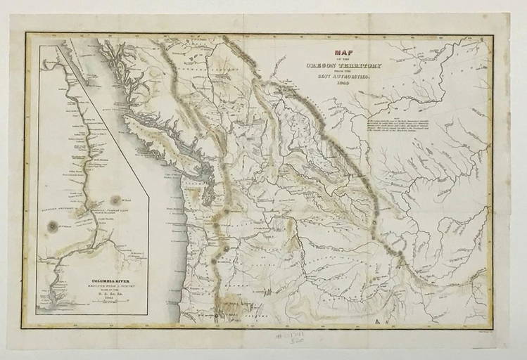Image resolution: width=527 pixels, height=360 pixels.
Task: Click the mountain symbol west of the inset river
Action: [x=52, y=226]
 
